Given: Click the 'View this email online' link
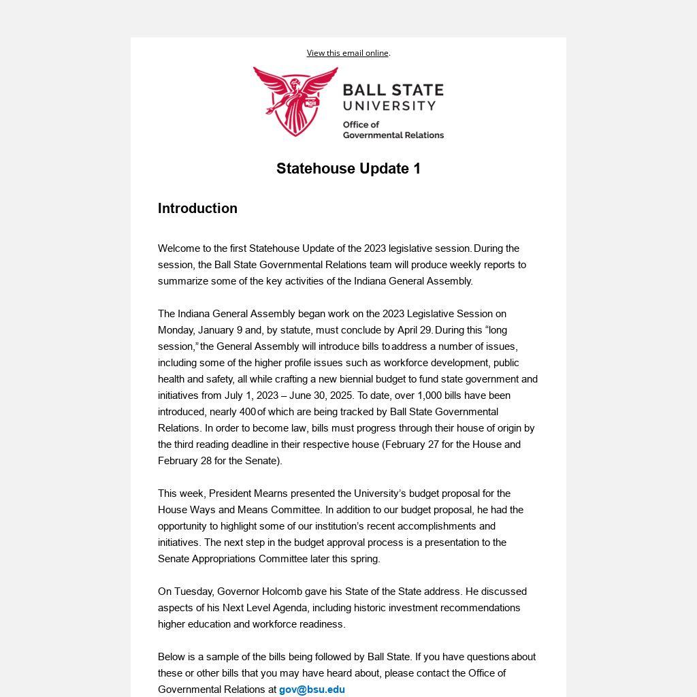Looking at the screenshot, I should click(347, 53).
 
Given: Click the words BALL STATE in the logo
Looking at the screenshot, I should click(393, 91).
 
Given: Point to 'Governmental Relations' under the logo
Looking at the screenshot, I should click(393, 135).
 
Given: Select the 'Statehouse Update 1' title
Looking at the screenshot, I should click(348, 169).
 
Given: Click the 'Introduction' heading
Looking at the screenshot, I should click(197, 208).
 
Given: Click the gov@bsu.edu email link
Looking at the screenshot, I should click(312, 690).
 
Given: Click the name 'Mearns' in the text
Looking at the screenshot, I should click(272, 493).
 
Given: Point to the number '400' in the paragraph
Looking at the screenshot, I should click(248, 412).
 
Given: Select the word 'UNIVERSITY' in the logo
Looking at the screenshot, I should click(389, 106).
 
